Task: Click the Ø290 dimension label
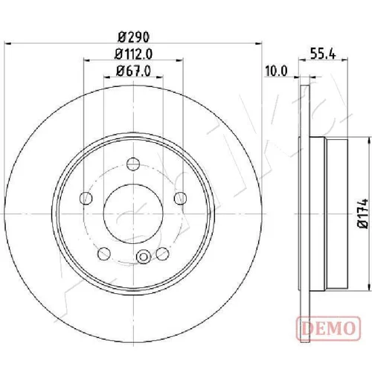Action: [133, 37]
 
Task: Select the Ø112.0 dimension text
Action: [133, 54]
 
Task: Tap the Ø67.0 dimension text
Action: [133, 71]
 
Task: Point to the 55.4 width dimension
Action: [323, 54]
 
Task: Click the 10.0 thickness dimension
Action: [276, 71]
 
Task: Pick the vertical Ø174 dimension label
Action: [362, 213]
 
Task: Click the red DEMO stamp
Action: [328, 328]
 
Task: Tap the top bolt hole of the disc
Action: [133, 164]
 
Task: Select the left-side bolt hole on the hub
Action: [86, 198]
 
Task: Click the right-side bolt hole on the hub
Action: [180, 198]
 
